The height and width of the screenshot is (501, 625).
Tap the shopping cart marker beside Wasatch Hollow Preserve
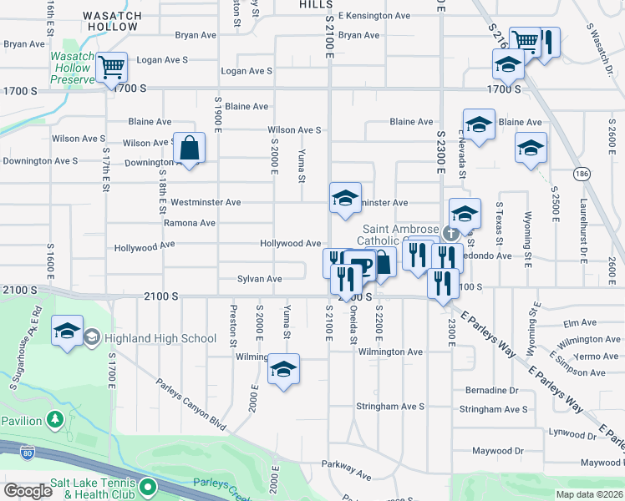[111, 67]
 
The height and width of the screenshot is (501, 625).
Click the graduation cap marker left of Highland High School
[67, 331]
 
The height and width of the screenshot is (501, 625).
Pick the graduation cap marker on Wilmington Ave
[284, 368]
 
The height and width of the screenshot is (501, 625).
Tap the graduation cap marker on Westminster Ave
[345, 198]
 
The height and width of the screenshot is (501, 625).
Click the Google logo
[27, 490]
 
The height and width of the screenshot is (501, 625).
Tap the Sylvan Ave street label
[259, 279]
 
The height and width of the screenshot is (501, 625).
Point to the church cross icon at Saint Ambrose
[450, 232]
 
